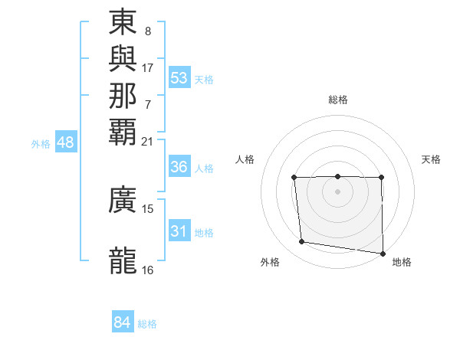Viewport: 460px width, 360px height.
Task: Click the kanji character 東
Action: [123, 23]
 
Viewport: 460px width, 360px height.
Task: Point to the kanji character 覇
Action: [123, 131]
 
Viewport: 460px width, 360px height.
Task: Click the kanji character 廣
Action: [123, 200]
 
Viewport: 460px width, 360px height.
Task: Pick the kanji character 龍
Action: [123, 260]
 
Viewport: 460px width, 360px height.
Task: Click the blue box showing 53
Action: [179, 78]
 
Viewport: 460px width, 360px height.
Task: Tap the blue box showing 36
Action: [179, 167]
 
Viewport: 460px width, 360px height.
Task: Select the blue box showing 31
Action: [179, 231]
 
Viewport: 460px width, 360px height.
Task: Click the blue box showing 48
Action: [66, 142]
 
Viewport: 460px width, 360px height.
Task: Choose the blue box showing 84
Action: [123, 322]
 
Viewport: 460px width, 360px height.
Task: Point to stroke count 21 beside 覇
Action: [148, 141]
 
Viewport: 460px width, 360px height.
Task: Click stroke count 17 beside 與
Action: [148, 68]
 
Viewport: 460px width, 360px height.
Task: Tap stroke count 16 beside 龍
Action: [148, 270]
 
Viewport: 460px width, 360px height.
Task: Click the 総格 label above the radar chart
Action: [337, 100]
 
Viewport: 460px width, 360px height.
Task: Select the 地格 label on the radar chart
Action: [402, 262]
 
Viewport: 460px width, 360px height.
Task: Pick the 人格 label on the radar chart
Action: [245, 159]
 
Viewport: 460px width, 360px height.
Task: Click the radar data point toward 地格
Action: [383, 254]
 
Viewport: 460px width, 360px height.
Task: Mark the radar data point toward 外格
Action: [302, 242]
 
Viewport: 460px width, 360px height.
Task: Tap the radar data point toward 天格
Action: [381, 178]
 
